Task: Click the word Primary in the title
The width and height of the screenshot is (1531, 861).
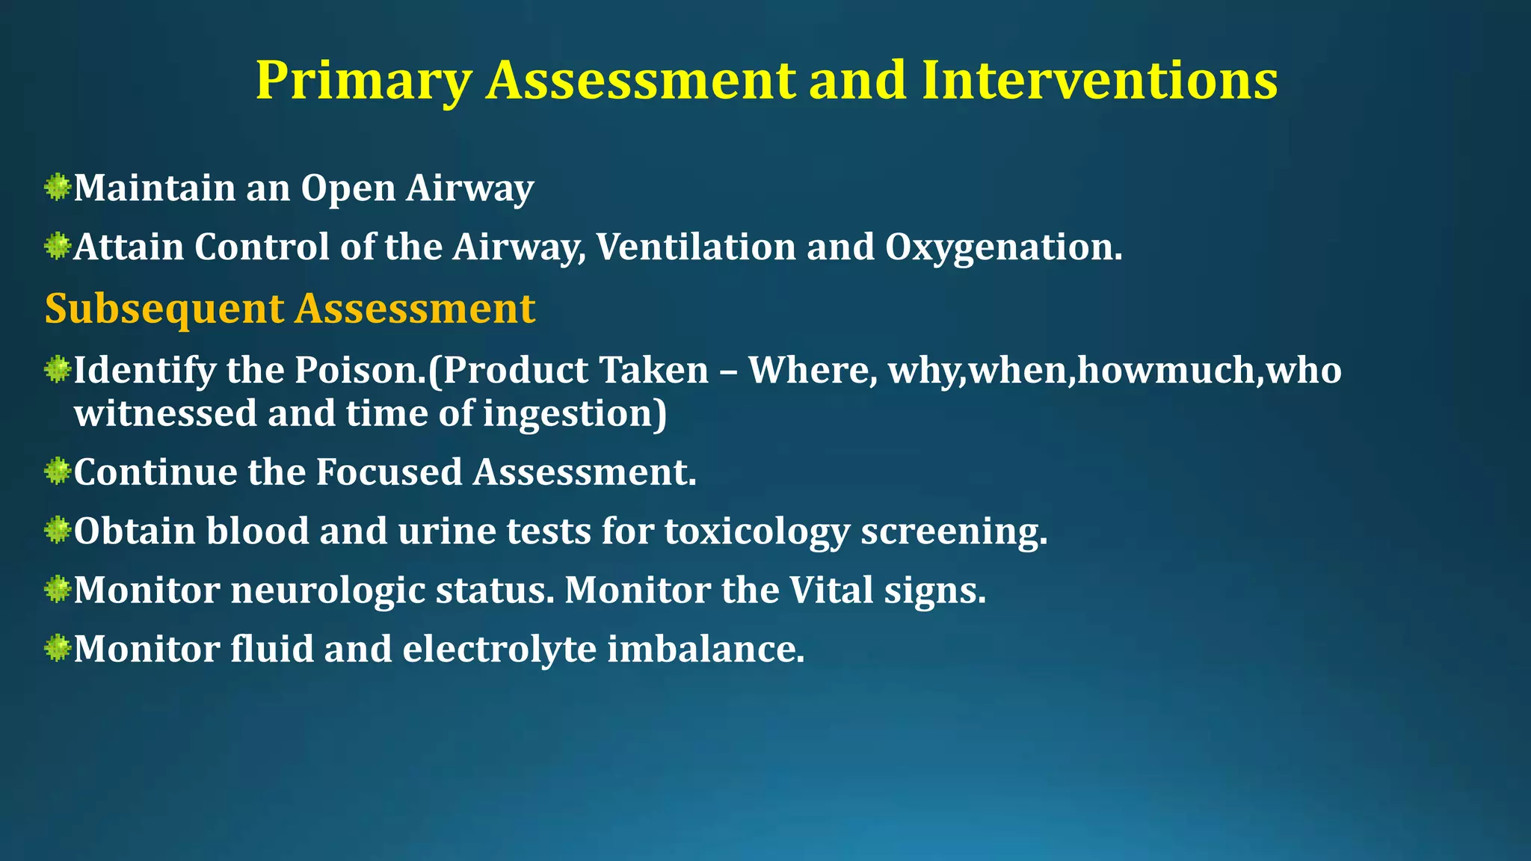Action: pyautogui.click(x=363, y=81)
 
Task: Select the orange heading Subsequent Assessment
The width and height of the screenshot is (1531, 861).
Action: pyautogui.click(x=290, y=308)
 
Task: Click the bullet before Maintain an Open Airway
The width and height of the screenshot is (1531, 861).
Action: pyautogui.click(x=57, y=187)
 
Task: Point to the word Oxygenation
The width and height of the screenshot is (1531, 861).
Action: pyautogui.click(x=1002, y=247)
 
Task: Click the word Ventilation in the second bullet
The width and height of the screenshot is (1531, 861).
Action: pyautogui.click(x=695, y=247)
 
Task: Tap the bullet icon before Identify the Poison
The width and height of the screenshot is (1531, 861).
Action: pyautogui.click(x=57, y=369)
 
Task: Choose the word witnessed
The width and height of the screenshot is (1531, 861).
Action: pyautogui.click(x=164, y=413)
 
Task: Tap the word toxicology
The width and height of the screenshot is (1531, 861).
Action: pyautogui.click(x=757, y=531)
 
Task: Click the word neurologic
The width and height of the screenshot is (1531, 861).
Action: pyautogui.click(x=328, y=590)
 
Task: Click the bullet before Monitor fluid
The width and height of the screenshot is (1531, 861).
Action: pyautogui.click(x=57, y=648)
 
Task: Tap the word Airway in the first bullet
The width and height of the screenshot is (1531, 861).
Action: pyautogui.click(x=469, y=188)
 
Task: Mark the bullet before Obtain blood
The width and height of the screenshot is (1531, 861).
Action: pyautogui.click(x=57, y=531)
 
